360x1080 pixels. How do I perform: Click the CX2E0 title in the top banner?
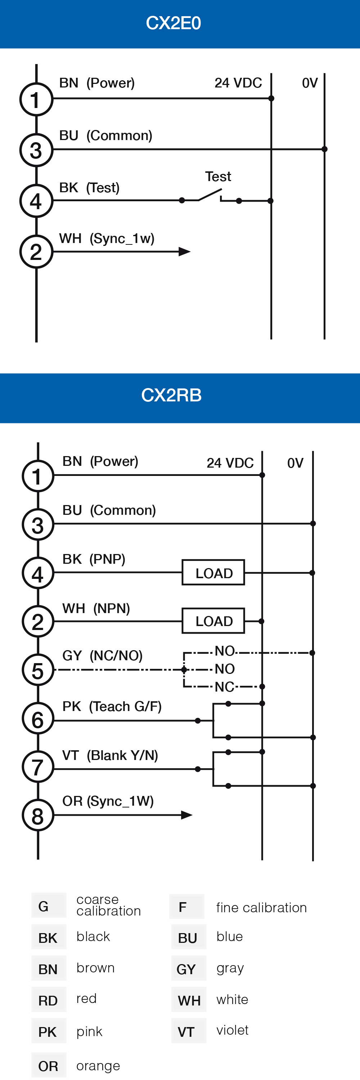click(173, 23)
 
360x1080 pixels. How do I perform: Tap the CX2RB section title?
click(171, 395)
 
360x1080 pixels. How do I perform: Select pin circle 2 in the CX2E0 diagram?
click(36, 252)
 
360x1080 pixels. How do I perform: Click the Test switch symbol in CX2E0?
click(210, 195)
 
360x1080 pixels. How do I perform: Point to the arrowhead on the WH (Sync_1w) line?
click(184, 252)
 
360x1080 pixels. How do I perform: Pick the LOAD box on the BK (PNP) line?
click(213, 573)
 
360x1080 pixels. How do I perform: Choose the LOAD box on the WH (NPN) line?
click(213, 621)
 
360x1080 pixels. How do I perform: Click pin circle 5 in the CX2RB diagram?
click(38, 670)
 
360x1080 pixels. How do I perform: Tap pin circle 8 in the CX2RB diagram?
click(38, 815)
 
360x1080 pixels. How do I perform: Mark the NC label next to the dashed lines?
click(224, 687)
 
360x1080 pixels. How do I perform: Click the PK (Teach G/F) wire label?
click(112, 706)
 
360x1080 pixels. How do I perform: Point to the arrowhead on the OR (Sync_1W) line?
click(186, 815)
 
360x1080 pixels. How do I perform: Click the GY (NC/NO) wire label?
click(103, 655)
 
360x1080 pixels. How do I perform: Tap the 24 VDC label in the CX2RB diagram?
click(230, 463)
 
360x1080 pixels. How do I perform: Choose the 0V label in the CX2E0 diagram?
click(310, 83)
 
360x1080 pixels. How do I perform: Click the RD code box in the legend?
click(49, 1000)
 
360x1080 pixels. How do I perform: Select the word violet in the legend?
click(233, 1030)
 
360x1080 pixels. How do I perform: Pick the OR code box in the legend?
click(49, 1066)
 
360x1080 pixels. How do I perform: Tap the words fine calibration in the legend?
click(261, 908)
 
